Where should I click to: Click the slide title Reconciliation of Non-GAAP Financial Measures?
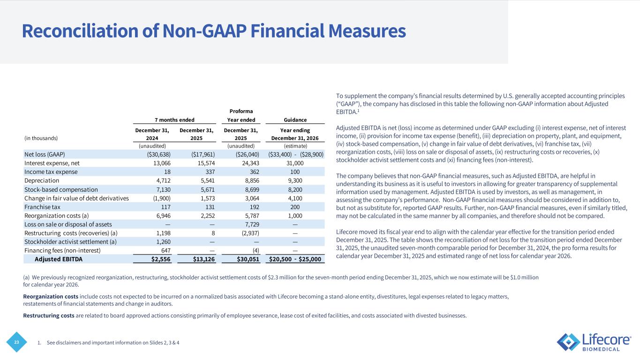tap(213, 31)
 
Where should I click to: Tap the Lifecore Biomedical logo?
tap(594, 342)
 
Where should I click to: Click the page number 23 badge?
tap(16, 342)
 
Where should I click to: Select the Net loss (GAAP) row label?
tap(45, 154)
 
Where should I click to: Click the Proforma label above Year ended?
tap(241, 111)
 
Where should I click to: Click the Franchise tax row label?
tap(42, 207)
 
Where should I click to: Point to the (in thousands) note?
tap(41, 138)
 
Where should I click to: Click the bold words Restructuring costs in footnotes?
tap(48, 315)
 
